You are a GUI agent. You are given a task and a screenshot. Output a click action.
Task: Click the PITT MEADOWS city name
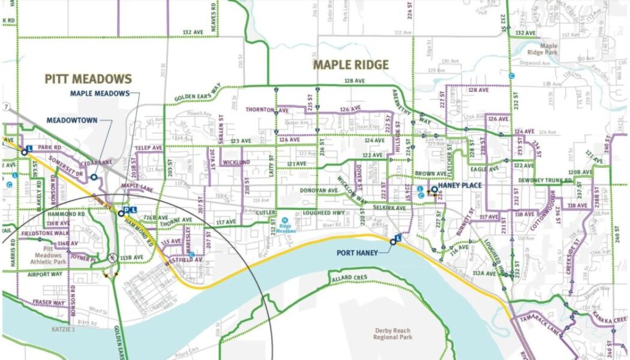[88, 79]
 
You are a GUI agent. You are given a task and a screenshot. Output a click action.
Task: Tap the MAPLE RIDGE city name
[351, 65]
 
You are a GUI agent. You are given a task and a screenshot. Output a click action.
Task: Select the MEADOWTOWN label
[72, 120]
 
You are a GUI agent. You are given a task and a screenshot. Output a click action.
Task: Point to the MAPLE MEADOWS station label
[100, 93]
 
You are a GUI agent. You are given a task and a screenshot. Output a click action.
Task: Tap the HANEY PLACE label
[460, 185]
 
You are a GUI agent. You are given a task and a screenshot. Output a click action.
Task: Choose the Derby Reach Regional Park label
[394, 334]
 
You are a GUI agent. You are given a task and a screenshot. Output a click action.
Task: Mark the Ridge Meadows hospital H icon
[285, 220]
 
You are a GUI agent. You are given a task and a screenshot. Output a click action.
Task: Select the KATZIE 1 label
[62, 330]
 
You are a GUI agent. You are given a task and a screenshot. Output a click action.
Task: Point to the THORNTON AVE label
[267, 110]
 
